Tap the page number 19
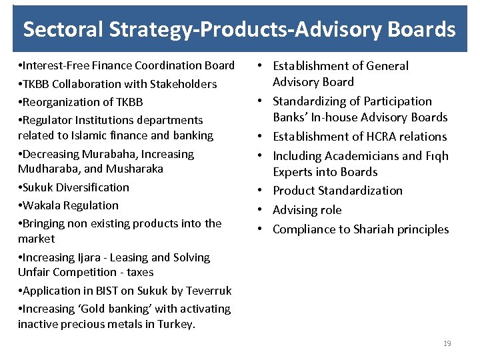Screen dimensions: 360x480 click(x=447, y=343)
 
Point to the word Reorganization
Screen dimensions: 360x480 click(x=61, y=102)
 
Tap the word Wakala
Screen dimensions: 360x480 click(x=41, y=205)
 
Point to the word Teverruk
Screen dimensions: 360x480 click(x=207, y=291)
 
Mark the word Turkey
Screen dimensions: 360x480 click(x=176, y=324)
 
